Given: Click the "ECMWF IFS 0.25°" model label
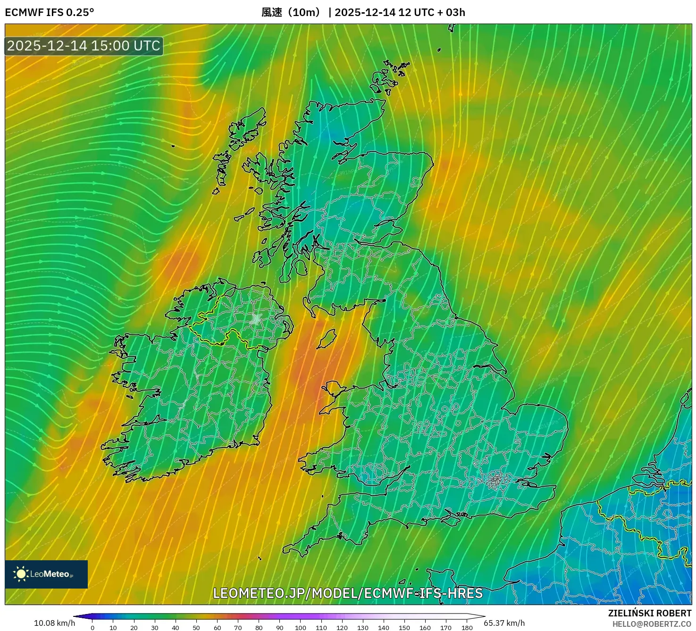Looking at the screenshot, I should pyautogui.click(x=49, y=12).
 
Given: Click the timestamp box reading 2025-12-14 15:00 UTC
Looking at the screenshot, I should pyautogui.click(x=84, y=46).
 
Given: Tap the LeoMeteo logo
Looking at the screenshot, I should pyautogui.click(x=46, y=574).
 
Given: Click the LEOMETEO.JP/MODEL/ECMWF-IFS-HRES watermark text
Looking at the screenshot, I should pyautogui.click(x=348, y=593).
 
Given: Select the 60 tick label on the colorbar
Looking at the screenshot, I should pyautogui.click(x=217, y=628).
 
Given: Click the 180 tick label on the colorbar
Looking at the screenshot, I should pyautogui.click(x=467, y=628).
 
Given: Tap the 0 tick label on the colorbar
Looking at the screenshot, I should pyautogui.click(x=92, y=628).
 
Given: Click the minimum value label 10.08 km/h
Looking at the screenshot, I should pyautogui.click(x=54, y=623).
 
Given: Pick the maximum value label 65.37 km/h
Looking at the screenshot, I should pyautogui.click(x=504, y=623).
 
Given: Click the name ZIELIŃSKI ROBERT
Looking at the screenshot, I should pyautogui.click(x=650, y=613).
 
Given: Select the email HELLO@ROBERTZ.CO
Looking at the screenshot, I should pyautogui.click(x=652, y=624).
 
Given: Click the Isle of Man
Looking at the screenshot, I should pyautogui.click(x=327, y=338).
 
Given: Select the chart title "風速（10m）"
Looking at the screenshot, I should pyautogui.click(x=291, y=12).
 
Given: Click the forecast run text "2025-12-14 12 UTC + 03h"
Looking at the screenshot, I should pyautogui.click(x=400, y=12).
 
